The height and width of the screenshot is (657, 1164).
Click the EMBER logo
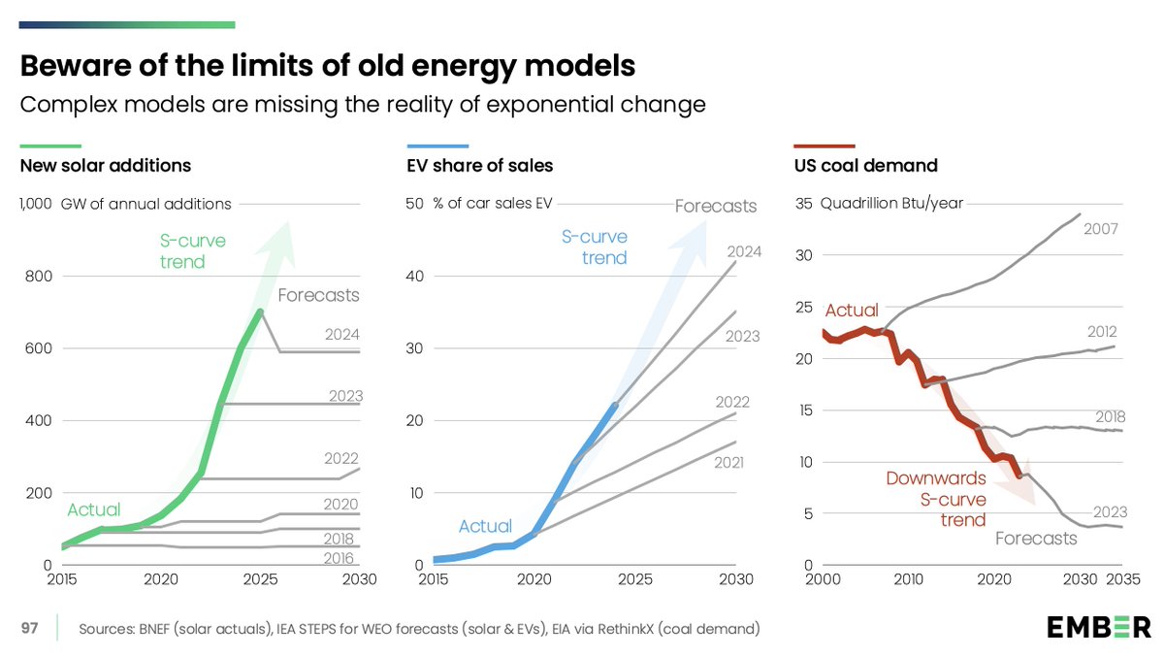(x=1098, y=628)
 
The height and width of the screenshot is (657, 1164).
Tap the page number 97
(x=30, y=629)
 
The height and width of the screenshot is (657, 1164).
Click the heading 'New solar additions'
(x=106, y=165)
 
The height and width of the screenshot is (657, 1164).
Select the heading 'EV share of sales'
(x=479, y=165)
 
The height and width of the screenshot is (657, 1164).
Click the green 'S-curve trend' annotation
(x=182, y=250)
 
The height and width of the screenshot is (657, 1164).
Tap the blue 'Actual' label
(x=485, y=526)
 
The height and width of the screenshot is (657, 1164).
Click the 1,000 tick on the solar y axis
(x=36, y=204)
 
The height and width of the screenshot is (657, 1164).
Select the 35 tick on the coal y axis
(x=802, y=204)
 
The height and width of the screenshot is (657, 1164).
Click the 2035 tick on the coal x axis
(x=1122, y=580)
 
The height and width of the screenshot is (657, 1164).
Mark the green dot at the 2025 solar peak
(x=260, y=312)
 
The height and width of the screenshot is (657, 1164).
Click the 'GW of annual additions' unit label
(x=145, y=204)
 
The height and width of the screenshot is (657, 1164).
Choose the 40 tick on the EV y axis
(x=415, y=276)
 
